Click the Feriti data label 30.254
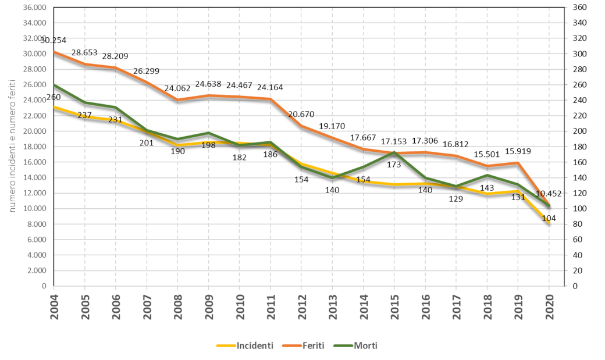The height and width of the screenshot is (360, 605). click(x=54, y=41)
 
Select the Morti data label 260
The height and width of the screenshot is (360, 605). click(x=54, y=97)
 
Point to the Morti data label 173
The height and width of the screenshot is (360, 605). click(x=394, y=165)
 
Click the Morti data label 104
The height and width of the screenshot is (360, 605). click(x=549, y=218)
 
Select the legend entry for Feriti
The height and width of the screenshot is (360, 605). click(x=307, y=345)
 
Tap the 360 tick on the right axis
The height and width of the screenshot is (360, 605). click(x=579, y=8)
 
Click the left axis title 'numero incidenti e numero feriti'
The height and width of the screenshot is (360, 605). click(x=11, y=147)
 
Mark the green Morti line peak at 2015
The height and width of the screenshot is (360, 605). click(x=394, y=152)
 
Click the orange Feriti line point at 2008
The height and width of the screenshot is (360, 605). click(x=177, y=99)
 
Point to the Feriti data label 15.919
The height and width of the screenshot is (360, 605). click(x=518, y=152)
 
